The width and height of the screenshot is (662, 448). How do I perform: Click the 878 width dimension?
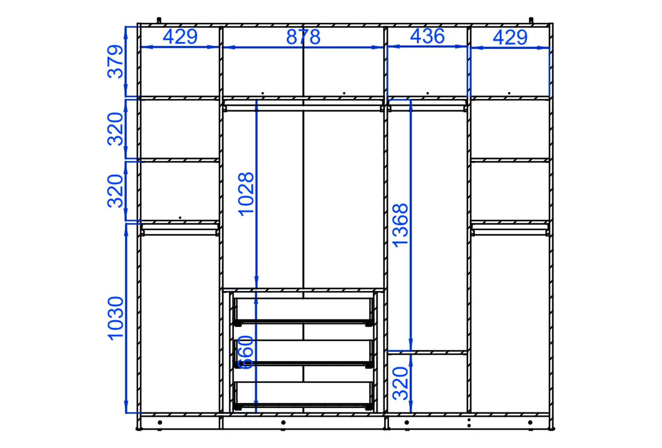pos(303,37)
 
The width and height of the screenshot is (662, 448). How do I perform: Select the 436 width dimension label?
pos(427,36)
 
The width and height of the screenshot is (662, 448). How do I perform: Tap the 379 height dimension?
pos(115,62)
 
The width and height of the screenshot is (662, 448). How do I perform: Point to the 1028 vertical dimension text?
pos(246,194)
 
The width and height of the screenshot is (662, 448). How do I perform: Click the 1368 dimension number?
pos(400,225)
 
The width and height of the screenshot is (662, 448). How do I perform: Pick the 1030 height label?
pos(115,319)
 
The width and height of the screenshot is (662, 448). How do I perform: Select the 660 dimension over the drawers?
pos(246,353)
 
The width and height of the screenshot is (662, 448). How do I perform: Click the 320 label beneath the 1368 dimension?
pos(401,384)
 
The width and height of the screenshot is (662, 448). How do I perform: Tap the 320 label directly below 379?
pos(115,129)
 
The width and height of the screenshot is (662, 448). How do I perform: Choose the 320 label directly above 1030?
pos(115,191)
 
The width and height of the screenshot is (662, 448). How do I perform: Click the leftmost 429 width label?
pos(180,37)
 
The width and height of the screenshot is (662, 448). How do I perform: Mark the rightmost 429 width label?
pos(510,38)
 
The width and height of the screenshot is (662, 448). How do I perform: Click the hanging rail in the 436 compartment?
pos(427,108)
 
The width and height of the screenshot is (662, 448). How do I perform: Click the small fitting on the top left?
pos(159,20)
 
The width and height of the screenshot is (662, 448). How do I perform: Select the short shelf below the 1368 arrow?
pos(427,353)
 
